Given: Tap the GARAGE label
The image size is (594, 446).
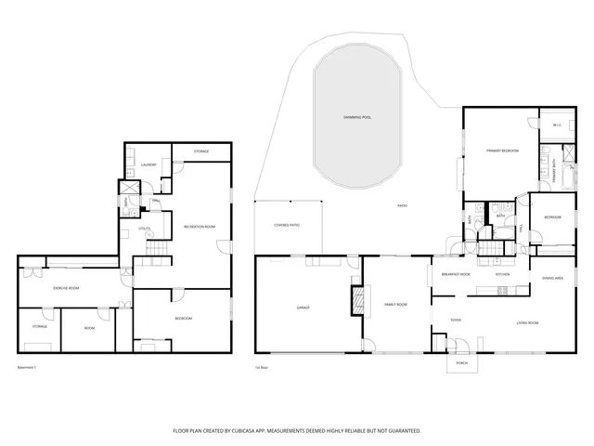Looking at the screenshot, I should coord(303,308).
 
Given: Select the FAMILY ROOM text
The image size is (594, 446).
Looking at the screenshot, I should coord(396,304).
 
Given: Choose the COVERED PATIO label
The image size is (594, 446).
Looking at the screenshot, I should coord(286,226).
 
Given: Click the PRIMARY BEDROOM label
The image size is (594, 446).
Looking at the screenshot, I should coord(502,151).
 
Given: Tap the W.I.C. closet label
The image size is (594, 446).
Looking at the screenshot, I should coord(557,125).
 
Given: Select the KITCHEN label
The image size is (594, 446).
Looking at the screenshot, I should coord(502,275).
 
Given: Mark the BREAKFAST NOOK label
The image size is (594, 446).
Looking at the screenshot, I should coord(456,275).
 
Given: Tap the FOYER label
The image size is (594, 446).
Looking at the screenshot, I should coord(456,321).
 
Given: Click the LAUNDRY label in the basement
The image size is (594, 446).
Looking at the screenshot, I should coord(147,165).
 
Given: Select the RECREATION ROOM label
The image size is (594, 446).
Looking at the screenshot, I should coord(200,227).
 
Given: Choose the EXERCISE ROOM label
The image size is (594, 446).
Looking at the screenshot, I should coord(65,288).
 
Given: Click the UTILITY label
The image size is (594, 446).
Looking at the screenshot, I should coord(144,228).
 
